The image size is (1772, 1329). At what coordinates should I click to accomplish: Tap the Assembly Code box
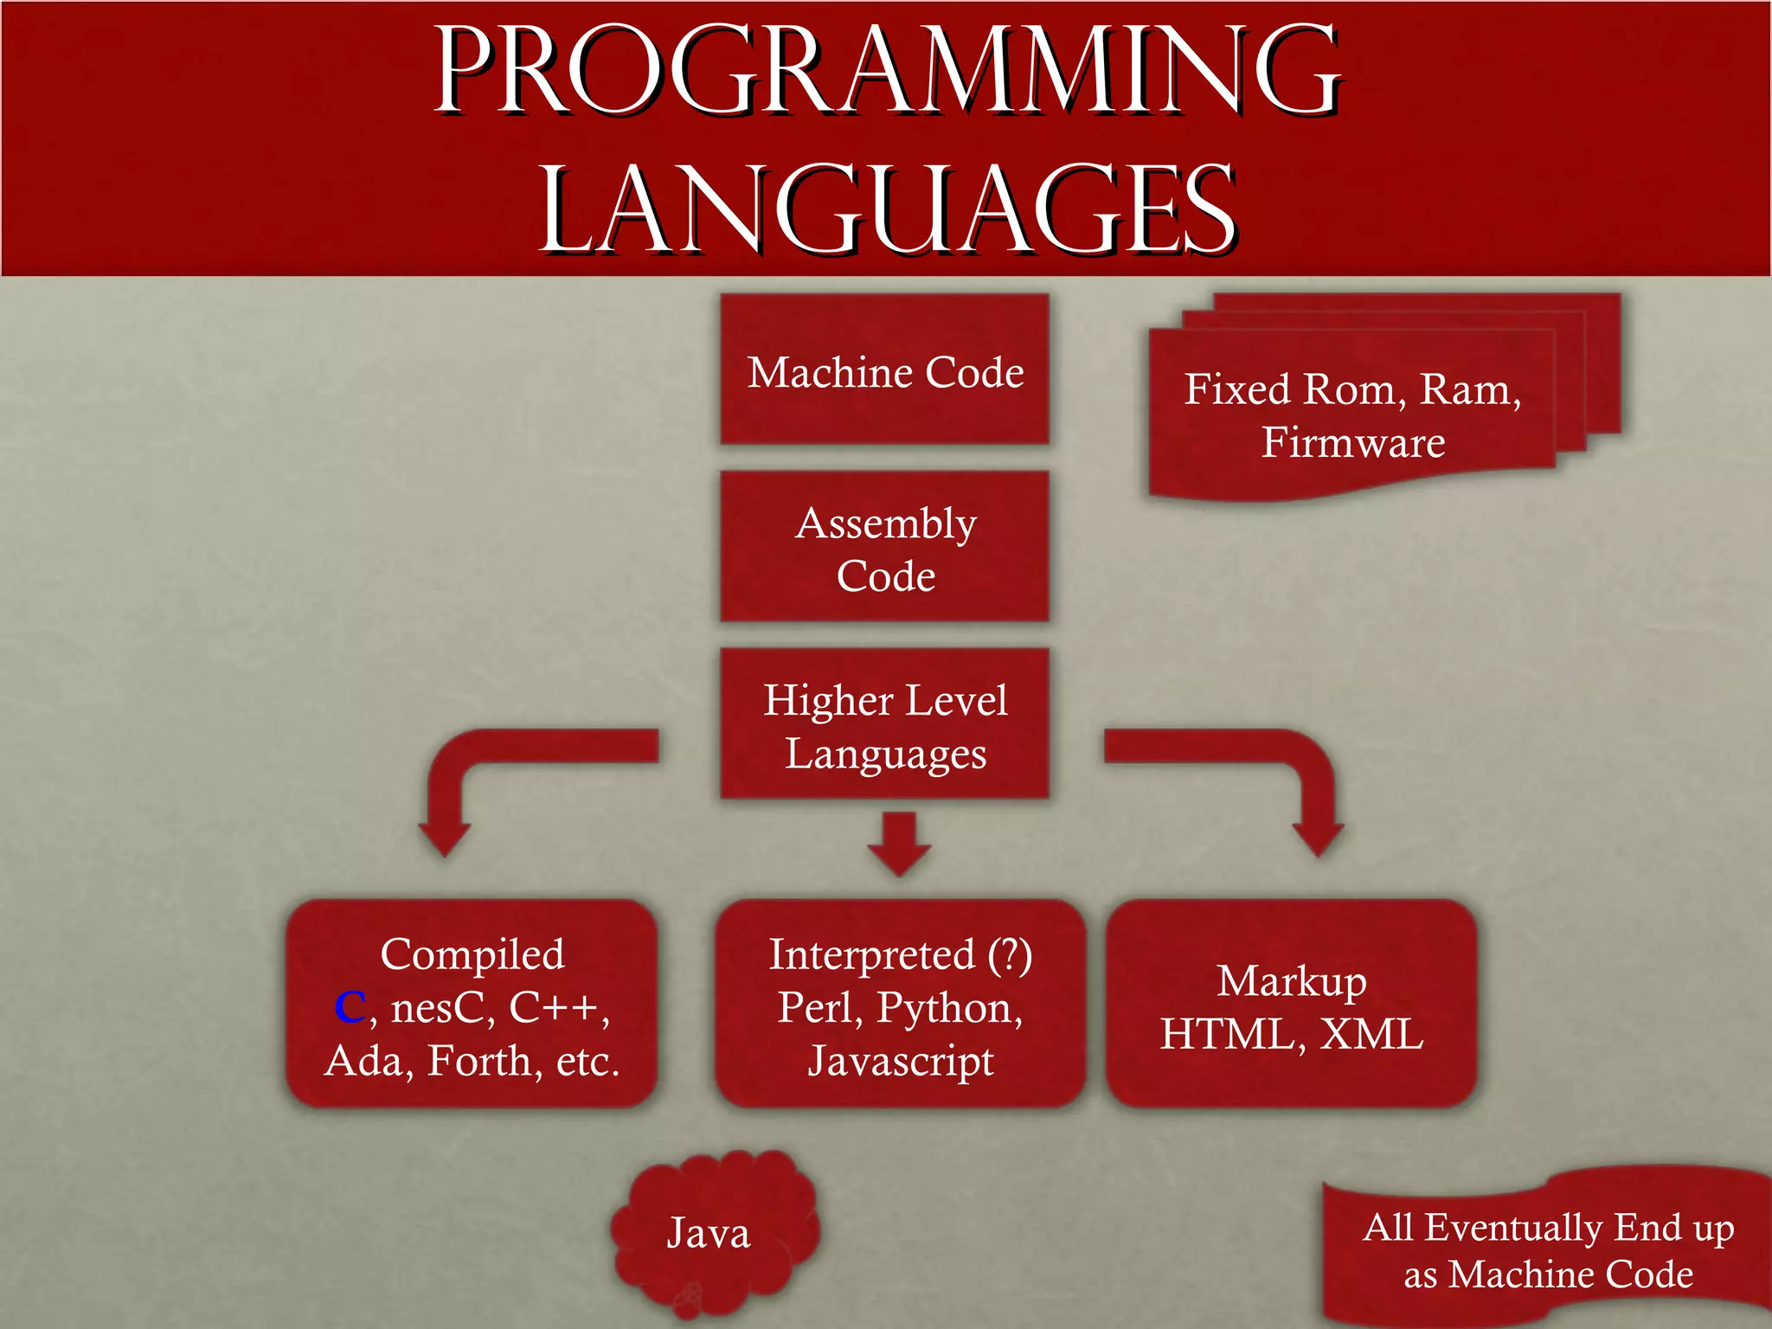click(884, 548)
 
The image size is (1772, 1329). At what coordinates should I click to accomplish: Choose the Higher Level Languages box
click(884, 725)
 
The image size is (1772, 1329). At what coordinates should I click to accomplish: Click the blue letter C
click(350, 1007)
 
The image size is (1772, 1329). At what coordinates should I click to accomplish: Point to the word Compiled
click(472, 954)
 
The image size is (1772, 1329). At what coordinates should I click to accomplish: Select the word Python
click(949, 1008)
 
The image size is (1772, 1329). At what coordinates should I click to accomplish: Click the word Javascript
click(900, 1062)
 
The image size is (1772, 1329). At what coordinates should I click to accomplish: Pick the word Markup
click(1291, 981)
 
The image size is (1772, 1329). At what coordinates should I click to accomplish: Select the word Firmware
click(1352, 442)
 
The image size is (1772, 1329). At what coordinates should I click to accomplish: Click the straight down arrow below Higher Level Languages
click(899, 842)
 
